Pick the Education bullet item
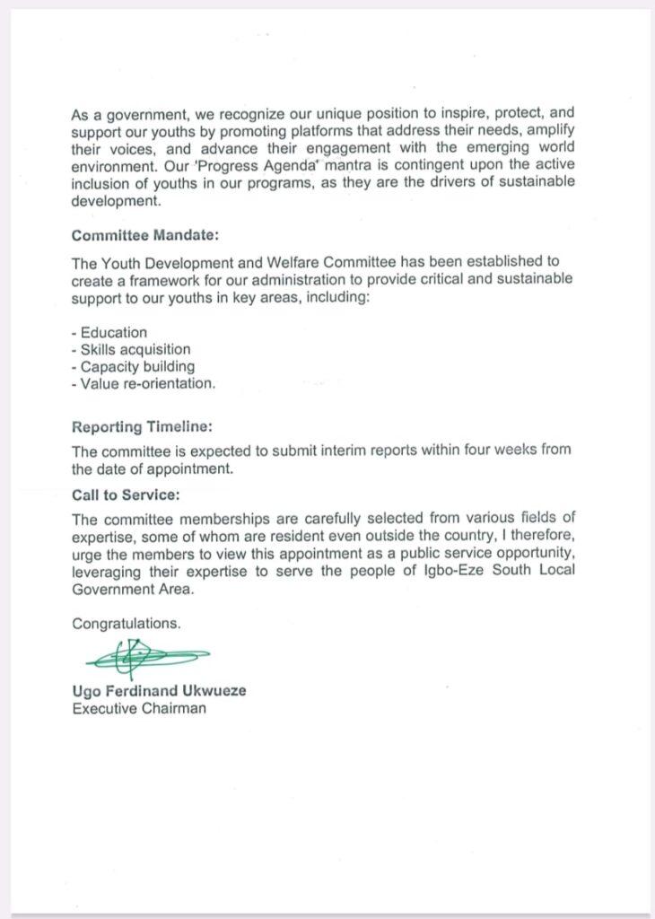point(111,332)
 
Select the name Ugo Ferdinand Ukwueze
point(159,691)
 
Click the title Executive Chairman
point(139,708)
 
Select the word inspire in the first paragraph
point(445,115)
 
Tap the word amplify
point(547,132)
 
